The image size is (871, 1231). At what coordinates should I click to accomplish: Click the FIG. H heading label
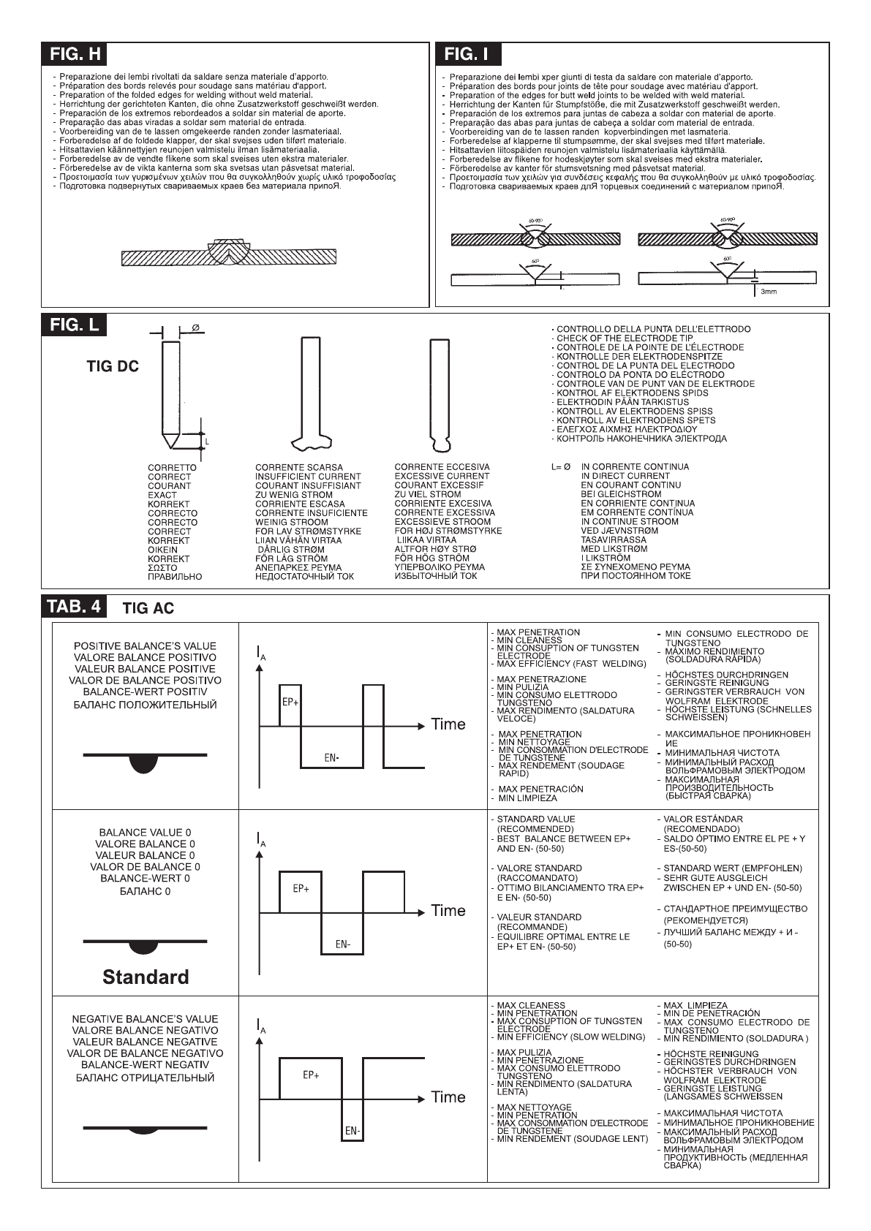click(75, 54)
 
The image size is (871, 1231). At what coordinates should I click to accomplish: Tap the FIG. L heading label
click(74, 325)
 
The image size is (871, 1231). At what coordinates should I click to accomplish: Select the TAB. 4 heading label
click(75, 607)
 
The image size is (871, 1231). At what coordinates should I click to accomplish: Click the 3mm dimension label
click(769, 291)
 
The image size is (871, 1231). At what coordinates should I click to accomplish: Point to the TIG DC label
click(113, 367)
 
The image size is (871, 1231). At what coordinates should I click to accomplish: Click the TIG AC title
click(149, 608)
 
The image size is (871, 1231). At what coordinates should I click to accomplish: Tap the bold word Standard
click(146, 977)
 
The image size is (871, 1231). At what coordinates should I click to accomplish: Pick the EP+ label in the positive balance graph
click(290, 702)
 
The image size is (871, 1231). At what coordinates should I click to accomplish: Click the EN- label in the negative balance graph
click(352, 1131)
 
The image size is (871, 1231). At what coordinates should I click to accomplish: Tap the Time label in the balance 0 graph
click(448, 911)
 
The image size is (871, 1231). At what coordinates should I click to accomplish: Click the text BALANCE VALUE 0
click(146, 832)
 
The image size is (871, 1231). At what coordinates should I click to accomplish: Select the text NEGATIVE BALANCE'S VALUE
click(145, 1018)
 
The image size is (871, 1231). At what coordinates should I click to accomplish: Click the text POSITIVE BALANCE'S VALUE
click(145, 645)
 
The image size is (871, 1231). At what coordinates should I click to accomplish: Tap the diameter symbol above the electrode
click(196, 327)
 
